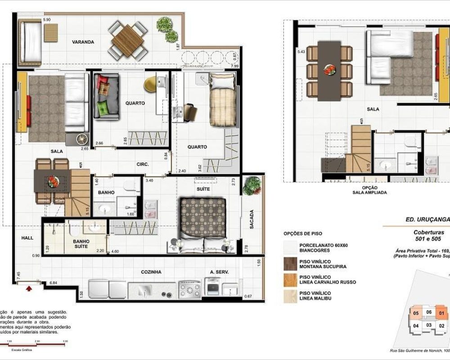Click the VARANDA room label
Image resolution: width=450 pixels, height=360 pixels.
83,42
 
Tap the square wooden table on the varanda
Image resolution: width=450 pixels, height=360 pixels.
127,40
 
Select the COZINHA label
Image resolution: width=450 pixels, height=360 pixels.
151,272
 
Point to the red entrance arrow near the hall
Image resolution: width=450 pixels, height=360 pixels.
30,288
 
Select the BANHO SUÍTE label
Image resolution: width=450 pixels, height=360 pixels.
81,244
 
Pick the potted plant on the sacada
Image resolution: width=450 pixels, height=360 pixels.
252,185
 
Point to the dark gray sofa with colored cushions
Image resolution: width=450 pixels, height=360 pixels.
106,96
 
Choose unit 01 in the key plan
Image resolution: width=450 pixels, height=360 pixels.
441,314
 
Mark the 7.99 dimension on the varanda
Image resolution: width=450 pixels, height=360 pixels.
234,66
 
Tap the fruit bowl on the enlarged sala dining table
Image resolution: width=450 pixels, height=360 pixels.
329,69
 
